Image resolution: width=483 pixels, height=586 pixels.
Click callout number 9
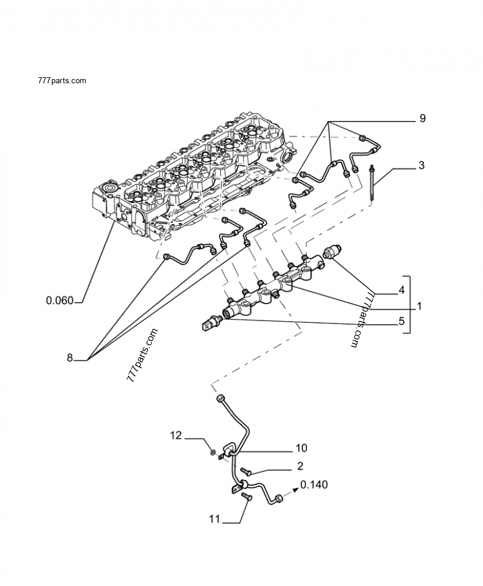coord(422,119)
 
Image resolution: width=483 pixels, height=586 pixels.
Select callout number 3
coord(421,165)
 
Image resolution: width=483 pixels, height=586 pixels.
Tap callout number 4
coord(401,291)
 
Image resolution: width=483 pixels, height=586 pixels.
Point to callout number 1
coord(418,307)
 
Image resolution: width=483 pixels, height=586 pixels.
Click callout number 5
coord(401,322)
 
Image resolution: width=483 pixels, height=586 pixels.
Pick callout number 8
coord(69,358)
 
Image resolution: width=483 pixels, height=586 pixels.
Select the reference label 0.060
coord(59,300)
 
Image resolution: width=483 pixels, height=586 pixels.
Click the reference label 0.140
coord(314,485)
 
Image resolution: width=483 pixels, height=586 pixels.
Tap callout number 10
coord(301,448)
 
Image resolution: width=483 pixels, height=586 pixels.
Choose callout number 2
coord(300,466)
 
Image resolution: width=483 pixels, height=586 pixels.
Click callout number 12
coord(175,435)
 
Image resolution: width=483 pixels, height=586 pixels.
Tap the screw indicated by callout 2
coord(245,470)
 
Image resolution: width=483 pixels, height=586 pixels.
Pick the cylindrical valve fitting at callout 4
coord(333,252)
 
